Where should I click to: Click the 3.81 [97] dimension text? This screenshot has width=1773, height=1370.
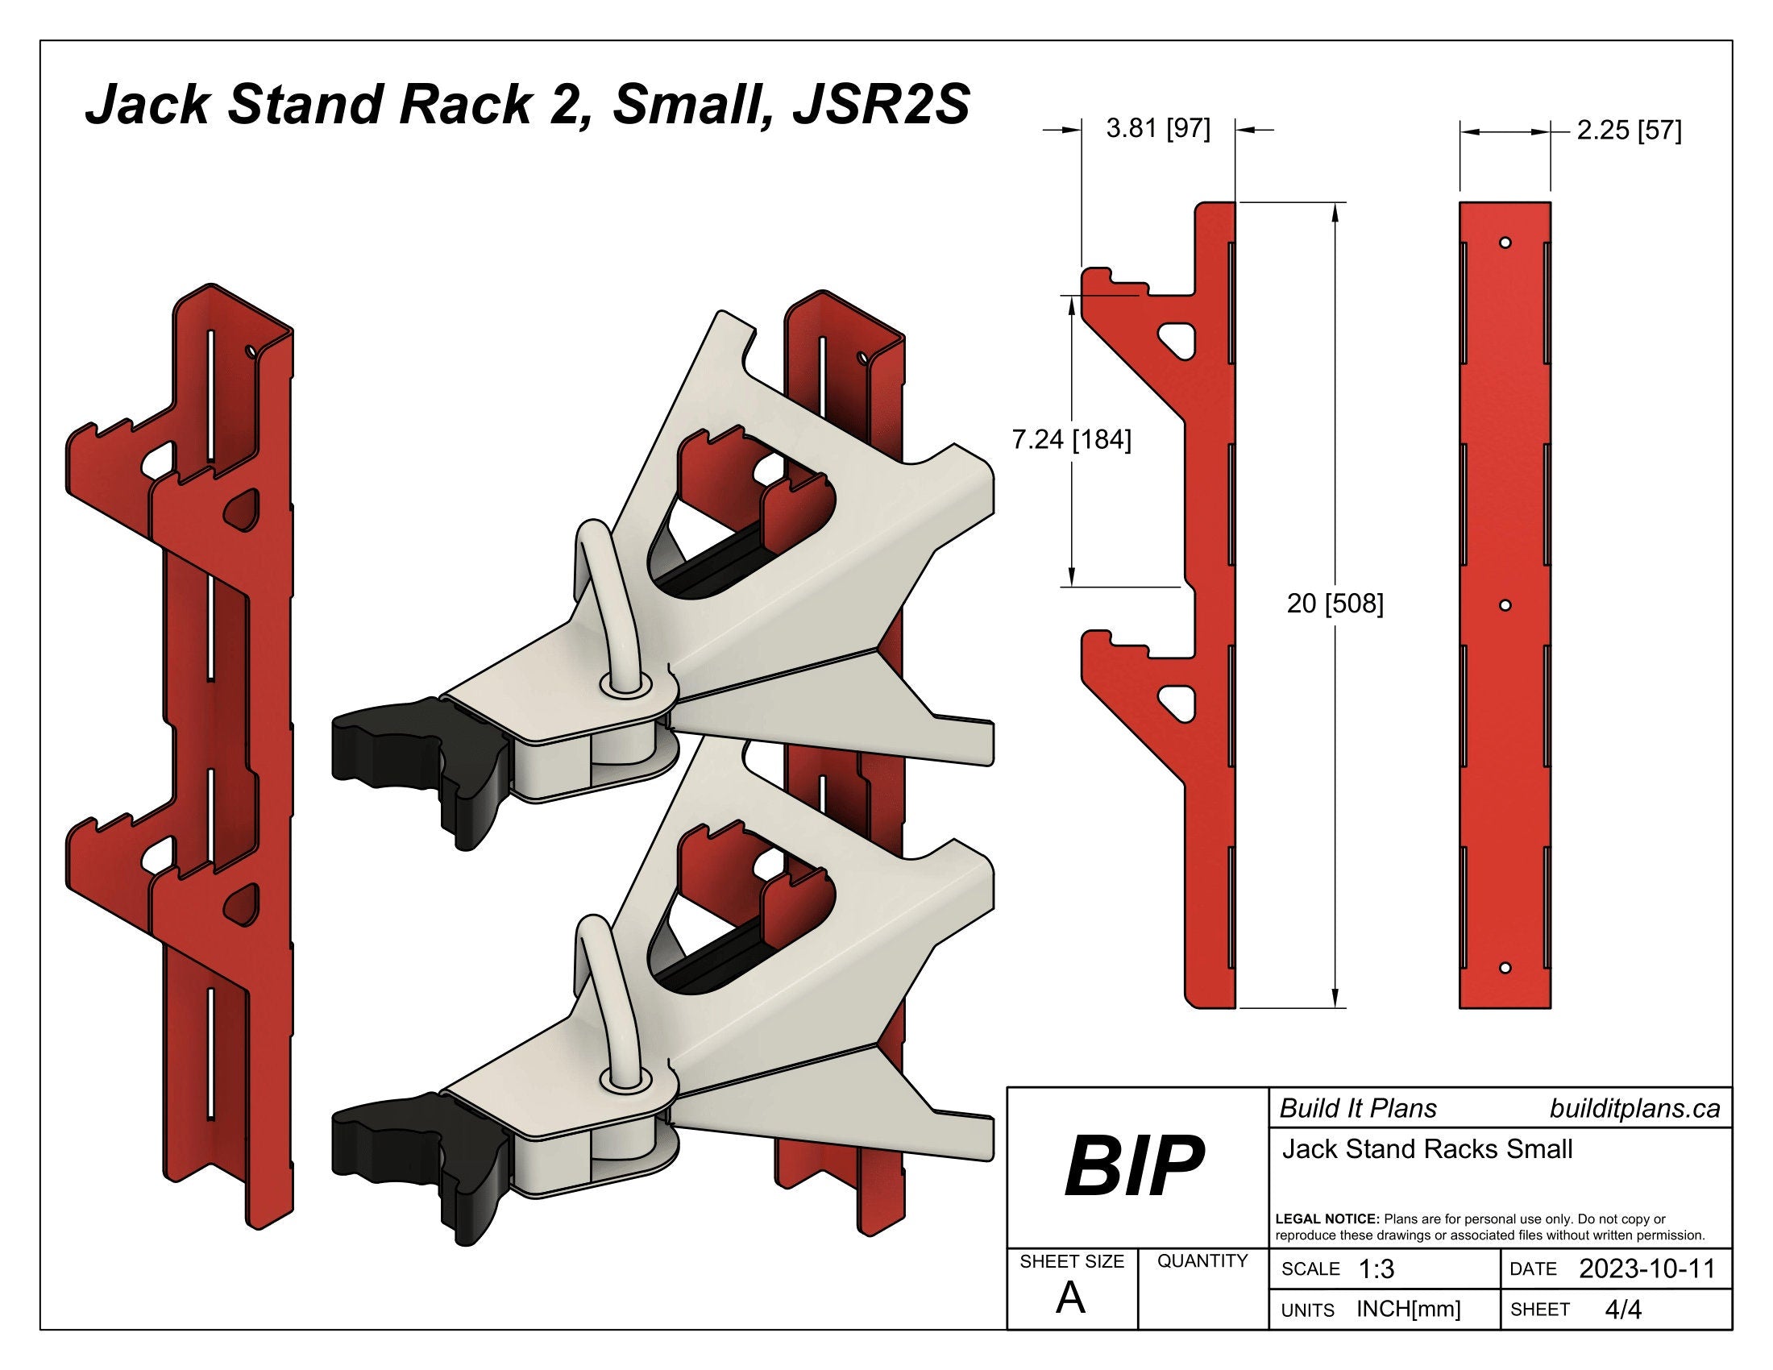tap(1157, 128)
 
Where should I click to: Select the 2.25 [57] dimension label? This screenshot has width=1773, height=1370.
tap(1629, 130)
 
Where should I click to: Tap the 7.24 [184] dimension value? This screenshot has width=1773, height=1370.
tap(1071, 439)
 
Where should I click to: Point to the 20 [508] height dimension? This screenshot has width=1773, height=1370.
tap(1335, 603)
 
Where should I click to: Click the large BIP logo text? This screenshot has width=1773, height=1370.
tap(1134, 1166)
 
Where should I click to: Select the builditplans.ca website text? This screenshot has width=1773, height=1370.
tap(1634, 1109)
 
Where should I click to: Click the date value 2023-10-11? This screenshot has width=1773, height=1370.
tap(1646, 1268)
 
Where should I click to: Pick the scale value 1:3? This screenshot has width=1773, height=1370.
tap(1376, 1268)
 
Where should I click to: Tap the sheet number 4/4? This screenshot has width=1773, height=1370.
tap(1623, 1309)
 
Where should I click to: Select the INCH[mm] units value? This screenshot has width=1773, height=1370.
tap(1409, 1309)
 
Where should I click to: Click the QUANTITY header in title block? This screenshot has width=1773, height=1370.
tap(1202, 1260)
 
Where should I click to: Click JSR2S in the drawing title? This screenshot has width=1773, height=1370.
tap(882, 106)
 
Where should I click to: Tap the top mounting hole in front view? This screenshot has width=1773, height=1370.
tap(1505, 243)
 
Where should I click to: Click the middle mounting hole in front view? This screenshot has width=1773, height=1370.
tap(1505, 605)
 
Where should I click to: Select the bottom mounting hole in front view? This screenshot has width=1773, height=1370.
tap(1505, 968)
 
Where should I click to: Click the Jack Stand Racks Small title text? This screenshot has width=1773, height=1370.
tap(1427, 1149)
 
